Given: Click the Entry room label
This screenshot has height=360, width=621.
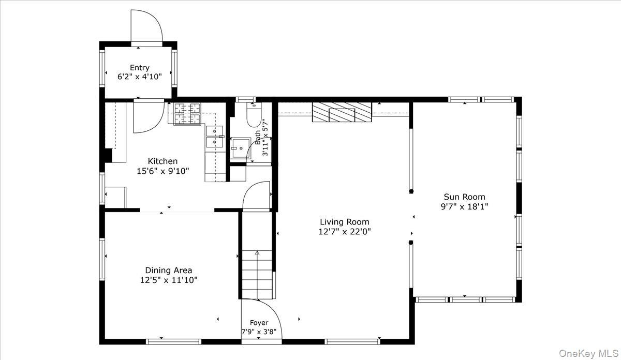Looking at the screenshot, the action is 139,68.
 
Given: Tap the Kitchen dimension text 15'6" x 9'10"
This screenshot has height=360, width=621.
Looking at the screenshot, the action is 162,171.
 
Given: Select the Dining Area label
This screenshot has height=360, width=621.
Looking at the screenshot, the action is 169,270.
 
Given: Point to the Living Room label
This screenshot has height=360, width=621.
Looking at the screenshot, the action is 345,222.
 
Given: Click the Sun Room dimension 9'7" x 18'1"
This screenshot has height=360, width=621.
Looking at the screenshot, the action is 464,207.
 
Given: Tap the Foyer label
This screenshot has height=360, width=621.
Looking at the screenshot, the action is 259,323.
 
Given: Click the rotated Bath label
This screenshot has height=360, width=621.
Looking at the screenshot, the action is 258,137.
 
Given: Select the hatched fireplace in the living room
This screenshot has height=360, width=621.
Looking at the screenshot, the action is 342,112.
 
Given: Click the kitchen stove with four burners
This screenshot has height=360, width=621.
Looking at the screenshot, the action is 187,114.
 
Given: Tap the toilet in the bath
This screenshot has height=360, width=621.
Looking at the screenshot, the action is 254,115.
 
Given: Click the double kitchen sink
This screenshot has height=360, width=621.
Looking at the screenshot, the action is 214,137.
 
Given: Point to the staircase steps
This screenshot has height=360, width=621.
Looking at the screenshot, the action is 257,274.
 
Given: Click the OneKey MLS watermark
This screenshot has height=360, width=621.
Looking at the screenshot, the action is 588,354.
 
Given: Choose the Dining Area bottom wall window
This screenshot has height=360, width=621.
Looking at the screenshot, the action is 173,342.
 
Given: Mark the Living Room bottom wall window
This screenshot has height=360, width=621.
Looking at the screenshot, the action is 352,342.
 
